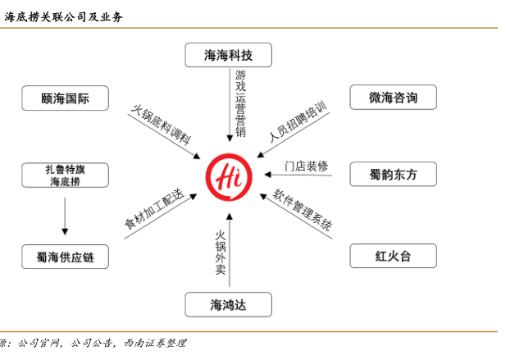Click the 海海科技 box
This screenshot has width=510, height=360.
coord(227,55)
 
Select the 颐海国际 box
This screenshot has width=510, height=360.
coord(65,98)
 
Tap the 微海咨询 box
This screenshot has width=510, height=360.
coord(393,98)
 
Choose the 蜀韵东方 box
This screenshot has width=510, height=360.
coord(393,174)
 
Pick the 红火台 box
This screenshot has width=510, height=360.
coord(393,256)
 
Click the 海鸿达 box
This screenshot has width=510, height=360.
coord(227,305)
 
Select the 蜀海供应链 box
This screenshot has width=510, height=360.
coord(65,257)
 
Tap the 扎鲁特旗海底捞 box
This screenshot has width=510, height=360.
coord(65,175)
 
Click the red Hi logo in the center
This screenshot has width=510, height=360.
coord(231,173)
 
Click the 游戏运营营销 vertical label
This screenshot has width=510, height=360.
coord(240,103)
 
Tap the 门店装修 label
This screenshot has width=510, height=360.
coord(306,166)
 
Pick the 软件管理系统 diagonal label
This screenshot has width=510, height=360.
coord(303,210)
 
